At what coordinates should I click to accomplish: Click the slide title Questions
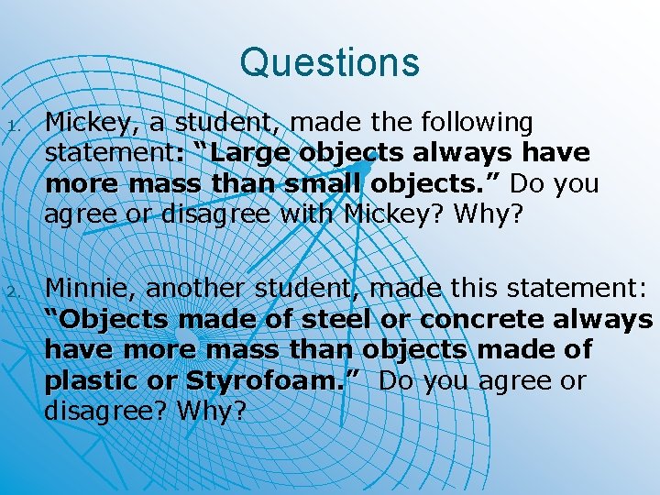point(329,62)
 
